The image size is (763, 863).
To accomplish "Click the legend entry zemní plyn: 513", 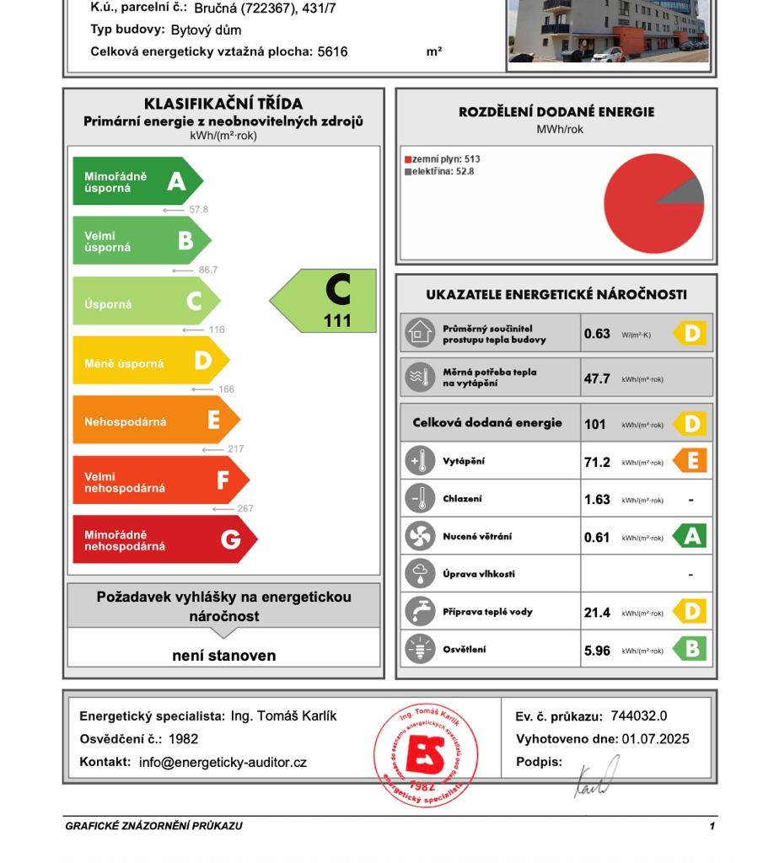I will tap(443, 159).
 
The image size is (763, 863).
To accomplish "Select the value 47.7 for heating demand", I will tap(597, 379).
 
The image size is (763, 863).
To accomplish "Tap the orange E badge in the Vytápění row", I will tap(690, 461).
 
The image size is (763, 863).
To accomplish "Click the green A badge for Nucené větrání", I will tap(690, 537).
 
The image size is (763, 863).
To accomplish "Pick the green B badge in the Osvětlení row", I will tap(690, 650).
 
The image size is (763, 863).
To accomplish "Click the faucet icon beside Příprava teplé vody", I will tap(420, 612).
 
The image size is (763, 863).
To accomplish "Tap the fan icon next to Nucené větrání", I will tap(420, 537).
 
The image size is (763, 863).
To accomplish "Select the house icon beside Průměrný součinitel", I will tap(420, 334).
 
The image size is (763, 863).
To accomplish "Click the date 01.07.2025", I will tap(655, 739).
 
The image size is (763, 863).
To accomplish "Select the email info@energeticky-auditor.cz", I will tap(223, 762).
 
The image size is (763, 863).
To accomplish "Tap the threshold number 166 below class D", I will tap(226, 389).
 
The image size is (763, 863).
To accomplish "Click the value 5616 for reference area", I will tap(332, 51).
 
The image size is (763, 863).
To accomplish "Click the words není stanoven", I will tap(223, 656).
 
